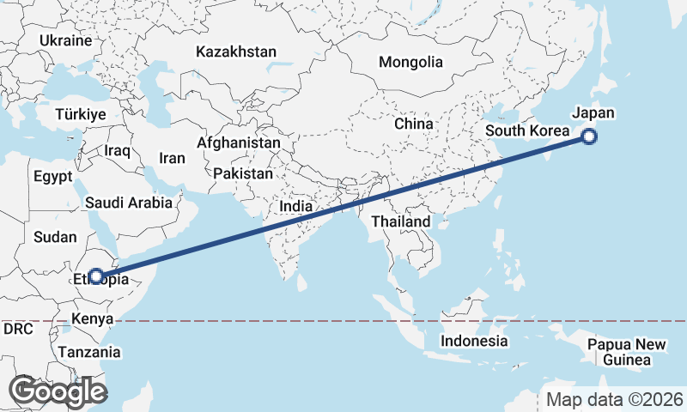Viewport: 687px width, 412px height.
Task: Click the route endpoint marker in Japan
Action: (589, 136)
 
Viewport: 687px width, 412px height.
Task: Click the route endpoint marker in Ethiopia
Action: (96, 276)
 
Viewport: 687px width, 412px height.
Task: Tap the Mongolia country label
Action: (410, 62)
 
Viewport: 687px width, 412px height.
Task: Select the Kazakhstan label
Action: (235, 52)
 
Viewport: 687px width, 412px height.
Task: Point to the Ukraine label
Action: (65, 40)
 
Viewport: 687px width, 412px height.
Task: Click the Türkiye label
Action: (80, 114)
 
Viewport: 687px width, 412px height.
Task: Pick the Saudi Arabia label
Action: (128, 203)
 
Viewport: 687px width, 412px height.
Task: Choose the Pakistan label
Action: (243, 173)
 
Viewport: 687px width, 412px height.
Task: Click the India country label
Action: (295, 207)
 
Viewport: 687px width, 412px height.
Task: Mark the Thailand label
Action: (400, 221)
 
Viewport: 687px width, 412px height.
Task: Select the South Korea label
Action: (526, 130)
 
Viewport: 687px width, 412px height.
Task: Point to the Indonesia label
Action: (474, 341)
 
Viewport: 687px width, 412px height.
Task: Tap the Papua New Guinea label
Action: (627, 352)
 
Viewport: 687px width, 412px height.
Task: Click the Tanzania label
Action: (89, 352)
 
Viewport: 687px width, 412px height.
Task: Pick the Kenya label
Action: (93, 319)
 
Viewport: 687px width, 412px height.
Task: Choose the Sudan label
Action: (55, 236)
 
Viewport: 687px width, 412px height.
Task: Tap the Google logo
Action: (58, 391)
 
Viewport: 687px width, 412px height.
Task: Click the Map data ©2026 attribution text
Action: (614, 399)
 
